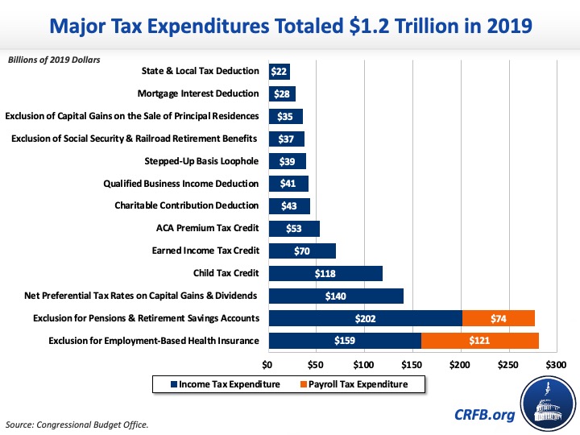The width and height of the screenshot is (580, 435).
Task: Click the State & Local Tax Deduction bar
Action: (279, 72)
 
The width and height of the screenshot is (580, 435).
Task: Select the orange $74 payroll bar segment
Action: (498, 318)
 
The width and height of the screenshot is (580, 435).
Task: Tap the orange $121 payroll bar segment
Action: (479, 340)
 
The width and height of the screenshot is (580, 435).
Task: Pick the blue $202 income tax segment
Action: (365, 318)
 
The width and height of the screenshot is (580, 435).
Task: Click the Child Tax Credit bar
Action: (325, 273)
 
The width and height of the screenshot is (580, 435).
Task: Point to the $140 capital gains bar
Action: (335, 296)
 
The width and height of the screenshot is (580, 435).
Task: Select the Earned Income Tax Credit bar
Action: (301, 251)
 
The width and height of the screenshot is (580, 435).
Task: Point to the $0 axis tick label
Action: (268, 364)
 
